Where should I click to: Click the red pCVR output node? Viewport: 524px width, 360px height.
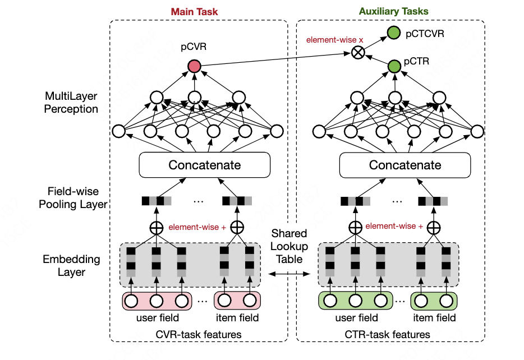(x=194, y=67)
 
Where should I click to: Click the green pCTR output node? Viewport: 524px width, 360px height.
(x=394, y=67)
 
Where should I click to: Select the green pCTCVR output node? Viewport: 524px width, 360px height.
(x=394, y=34)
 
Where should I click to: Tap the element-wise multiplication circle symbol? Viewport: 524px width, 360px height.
(x=357, y=53)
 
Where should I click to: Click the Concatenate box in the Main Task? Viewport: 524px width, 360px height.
(x=204, y=165)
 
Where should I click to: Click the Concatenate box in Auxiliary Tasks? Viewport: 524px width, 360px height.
(x=405, y=165)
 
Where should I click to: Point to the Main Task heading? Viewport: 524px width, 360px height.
(x=194, y=11)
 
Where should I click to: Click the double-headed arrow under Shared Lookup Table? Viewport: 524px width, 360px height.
(x=289, y=274)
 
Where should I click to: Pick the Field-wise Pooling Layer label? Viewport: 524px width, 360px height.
(x=73, y=199)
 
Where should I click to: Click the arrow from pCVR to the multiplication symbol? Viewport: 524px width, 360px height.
(x=275, y=59)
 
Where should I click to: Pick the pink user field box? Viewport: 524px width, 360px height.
(x=157, y=301)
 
